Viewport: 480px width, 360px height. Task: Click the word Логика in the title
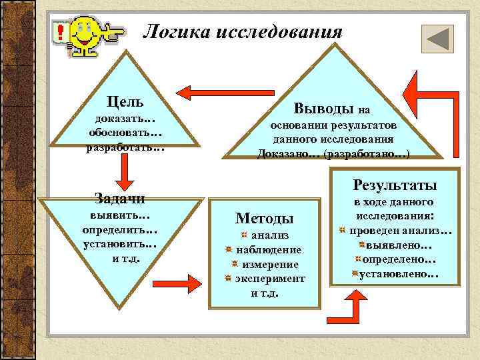point(175,31)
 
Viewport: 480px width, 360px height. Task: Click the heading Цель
point(126,102)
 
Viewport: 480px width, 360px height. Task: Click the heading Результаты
point(395,184)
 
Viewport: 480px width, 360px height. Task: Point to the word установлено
point(398,273)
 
